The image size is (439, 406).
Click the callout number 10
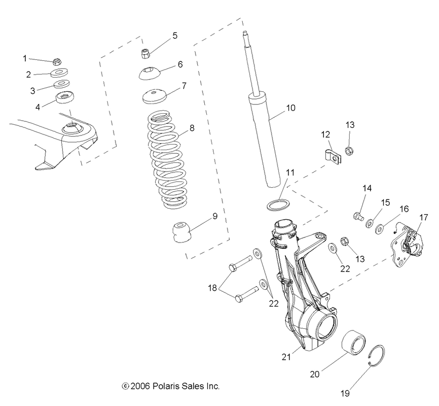[x=290, y=108]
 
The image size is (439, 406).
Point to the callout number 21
[x=286, y=357]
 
